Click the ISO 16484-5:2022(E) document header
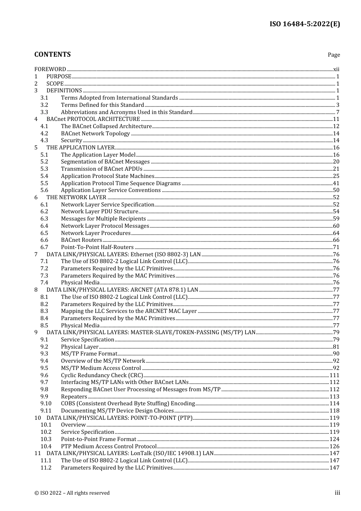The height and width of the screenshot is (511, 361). [305, 24]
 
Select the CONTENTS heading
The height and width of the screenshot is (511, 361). [52, 54]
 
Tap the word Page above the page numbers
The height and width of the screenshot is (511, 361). [334, 55]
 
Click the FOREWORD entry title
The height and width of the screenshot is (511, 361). [50, 69]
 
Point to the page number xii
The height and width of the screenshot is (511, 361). [336, 69]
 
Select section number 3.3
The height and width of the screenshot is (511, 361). [44, 112]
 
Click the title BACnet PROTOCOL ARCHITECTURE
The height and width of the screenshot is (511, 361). [93, 119]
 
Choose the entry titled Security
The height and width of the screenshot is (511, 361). [71, 140]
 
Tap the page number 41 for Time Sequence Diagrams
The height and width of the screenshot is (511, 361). [336, 183]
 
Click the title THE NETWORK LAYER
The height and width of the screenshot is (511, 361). [76, 197]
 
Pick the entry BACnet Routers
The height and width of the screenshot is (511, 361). [81, 240]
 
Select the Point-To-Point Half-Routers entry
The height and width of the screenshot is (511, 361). [97, 247]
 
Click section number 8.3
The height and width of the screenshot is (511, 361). [44, 311]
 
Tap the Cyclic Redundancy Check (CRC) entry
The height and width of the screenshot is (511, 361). [102, 375]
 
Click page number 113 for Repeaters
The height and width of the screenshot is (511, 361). [334, 397]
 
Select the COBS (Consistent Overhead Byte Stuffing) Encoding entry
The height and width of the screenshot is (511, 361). [128, 403]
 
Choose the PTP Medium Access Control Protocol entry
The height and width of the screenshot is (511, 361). [109, 446]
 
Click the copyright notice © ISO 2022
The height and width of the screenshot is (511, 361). [72, 493]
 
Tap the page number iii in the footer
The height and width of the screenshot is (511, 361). [337, 493]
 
